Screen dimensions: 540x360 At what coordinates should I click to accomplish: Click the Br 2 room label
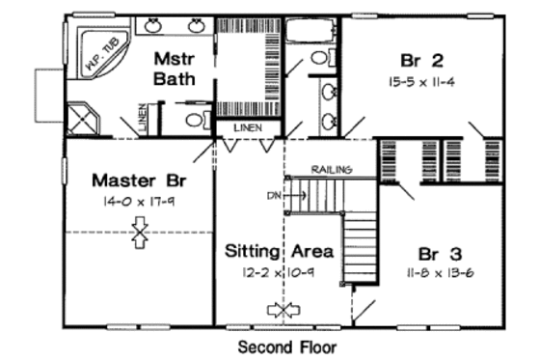pyautogui.click(x=425, y=58)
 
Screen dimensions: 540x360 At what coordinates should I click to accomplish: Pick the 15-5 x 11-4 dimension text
pyautogui.click(x=425, y=81)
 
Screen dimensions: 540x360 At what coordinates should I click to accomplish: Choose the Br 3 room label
pyautogui.click(x=444, y=253)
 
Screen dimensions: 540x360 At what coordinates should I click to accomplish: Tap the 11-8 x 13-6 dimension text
pyautogui.click(x=444, y=274)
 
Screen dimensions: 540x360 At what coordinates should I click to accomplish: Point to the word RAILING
pyautogui.click(x=330, y=170)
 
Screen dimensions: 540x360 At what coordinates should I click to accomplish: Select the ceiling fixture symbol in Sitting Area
pyautogui.click(x=283, y=309)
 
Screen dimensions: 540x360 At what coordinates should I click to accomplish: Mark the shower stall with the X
pyautogui.click(x=86, y=118)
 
